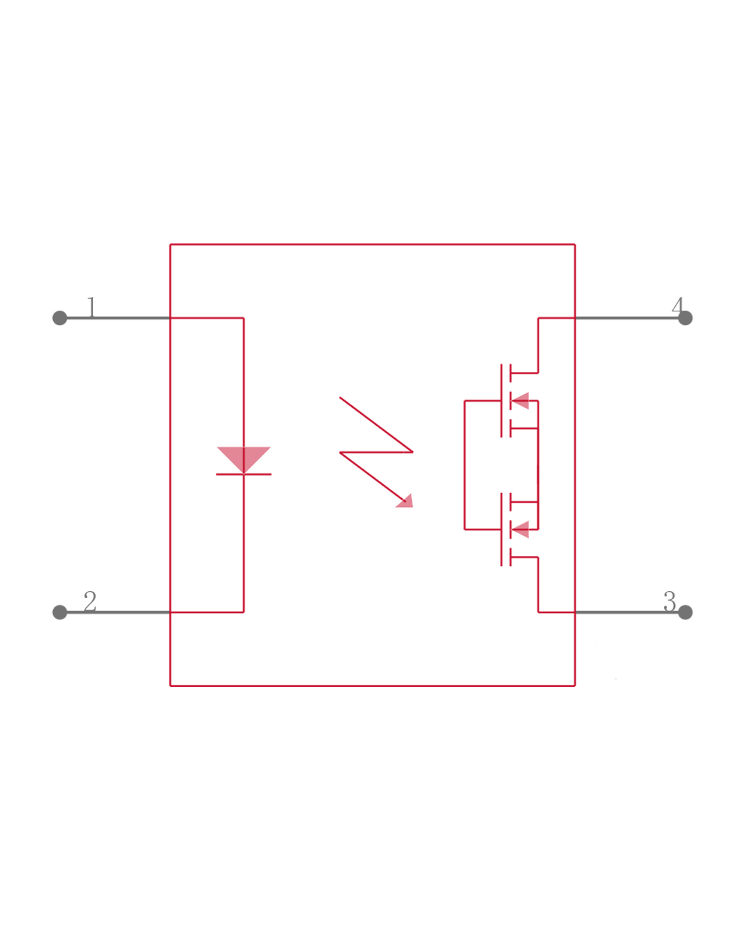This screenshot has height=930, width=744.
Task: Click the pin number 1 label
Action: tap(91, 307)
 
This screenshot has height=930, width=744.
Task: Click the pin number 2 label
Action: tap(90, 601)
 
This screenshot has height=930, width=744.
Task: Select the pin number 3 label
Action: tap(670, 601)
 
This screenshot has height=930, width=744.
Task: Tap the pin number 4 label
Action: tap(678, 306)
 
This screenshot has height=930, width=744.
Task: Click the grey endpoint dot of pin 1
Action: tap(60, 318)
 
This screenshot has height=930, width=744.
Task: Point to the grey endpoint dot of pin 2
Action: tap(60, 612)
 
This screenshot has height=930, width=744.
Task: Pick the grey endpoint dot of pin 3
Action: tap(685, 612)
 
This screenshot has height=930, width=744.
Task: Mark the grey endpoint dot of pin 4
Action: tap(685, 318)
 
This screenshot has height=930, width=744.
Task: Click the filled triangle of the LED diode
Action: tap(244, 457)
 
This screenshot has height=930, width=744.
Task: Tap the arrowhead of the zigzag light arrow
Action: tap(406, 502)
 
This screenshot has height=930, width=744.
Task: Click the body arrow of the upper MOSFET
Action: tap(521, 401)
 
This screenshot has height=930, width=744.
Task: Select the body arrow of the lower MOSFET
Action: tap(521, 530)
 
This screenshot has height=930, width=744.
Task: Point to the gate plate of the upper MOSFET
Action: tap(502, 401)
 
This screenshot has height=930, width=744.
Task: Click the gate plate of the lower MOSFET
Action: tap(502, 530)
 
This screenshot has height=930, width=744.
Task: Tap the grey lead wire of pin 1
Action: tap(117, 318)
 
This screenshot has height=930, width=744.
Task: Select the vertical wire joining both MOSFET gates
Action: tap(464, 465)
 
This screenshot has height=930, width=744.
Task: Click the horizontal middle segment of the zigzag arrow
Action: tap(376, 453)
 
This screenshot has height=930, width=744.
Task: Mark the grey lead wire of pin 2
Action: tap(117, 612)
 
